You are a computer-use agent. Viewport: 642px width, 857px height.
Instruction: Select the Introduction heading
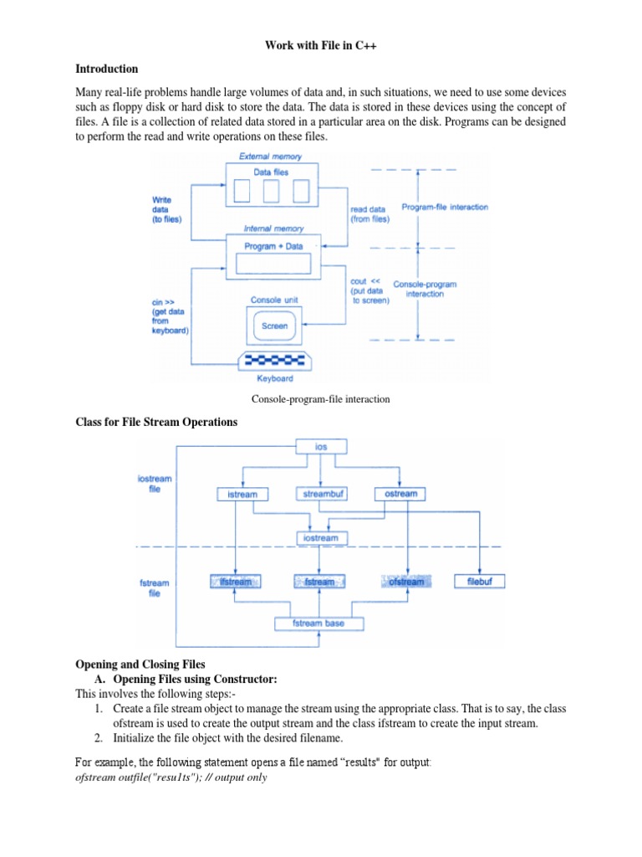click(x=106, y=69)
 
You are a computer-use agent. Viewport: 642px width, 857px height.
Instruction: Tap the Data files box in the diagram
click(x=273, y=182)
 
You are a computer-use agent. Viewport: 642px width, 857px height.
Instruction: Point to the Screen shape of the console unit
click(x=274, y=326)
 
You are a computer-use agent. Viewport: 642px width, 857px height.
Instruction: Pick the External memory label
click(x=271, y=157)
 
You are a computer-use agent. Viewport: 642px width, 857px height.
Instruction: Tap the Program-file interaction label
click(x=445, y=207)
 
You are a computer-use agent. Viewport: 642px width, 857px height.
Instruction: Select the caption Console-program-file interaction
click(x=320, y=399)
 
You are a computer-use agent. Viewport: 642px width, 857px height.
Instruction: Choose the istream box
click(x=242, y=495)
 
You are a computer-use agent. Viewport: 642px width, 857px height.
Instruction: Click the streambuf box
click(x=320, y=495)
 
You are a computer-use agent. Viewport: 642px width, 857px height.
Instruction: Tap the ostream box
click(x=400, y=495)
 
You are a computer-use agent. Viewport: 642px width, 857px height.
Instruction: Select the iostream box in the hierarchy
click(x=321, y=538)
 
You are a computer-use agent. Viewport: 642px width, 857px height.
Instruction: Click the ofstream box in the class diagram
click(x=406, y=582)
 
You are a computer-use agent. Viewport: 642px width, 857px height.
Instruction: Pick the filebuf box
click(x=479, y=582)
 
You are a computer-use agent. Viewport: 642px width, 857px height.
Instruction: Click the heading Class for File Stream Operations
click(x=156, y=423)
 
